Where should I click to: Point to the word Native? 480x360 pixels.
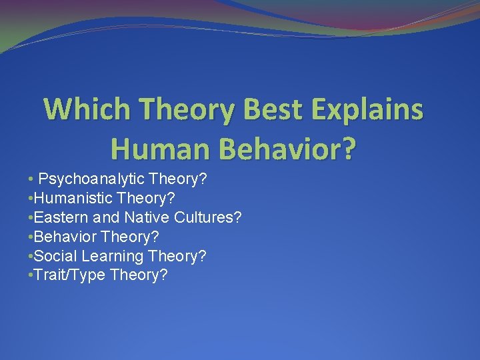[x=146, y=217]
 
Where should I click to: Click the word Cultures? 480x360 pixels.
[x=205, y=217]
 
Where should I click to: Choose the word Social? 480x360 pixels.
[x=56, y=256]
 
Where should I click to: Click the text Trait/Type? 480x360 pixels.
[x=67, y=275]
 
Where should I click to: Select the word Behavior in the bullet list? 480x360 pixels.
[x=63, y=237]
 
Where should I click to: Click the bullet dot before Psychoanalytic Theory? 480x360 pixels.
[x=31, y=179]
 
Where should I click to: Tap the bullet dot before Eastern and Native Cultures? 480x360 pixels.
[x=31, y=218]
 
